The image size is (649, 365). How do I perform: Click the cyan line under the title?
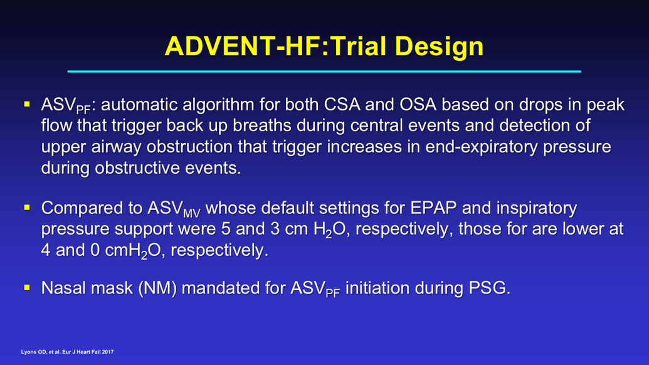coord(324,71)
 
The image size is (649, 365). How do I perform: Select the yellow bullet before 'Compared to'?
coord(27,208)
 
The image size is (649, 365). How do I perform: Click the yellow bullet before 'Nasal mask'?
coord(27,287)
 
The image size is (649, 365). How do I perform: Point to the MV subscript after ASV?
coord(192,213)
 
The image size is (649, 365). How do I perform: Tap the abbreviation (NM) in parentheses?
coord(157,288)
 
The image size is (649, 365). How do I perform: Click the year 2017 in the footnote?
coord(108,352)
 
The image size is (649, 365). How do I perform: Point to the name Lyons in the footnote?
coord(28,352)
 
